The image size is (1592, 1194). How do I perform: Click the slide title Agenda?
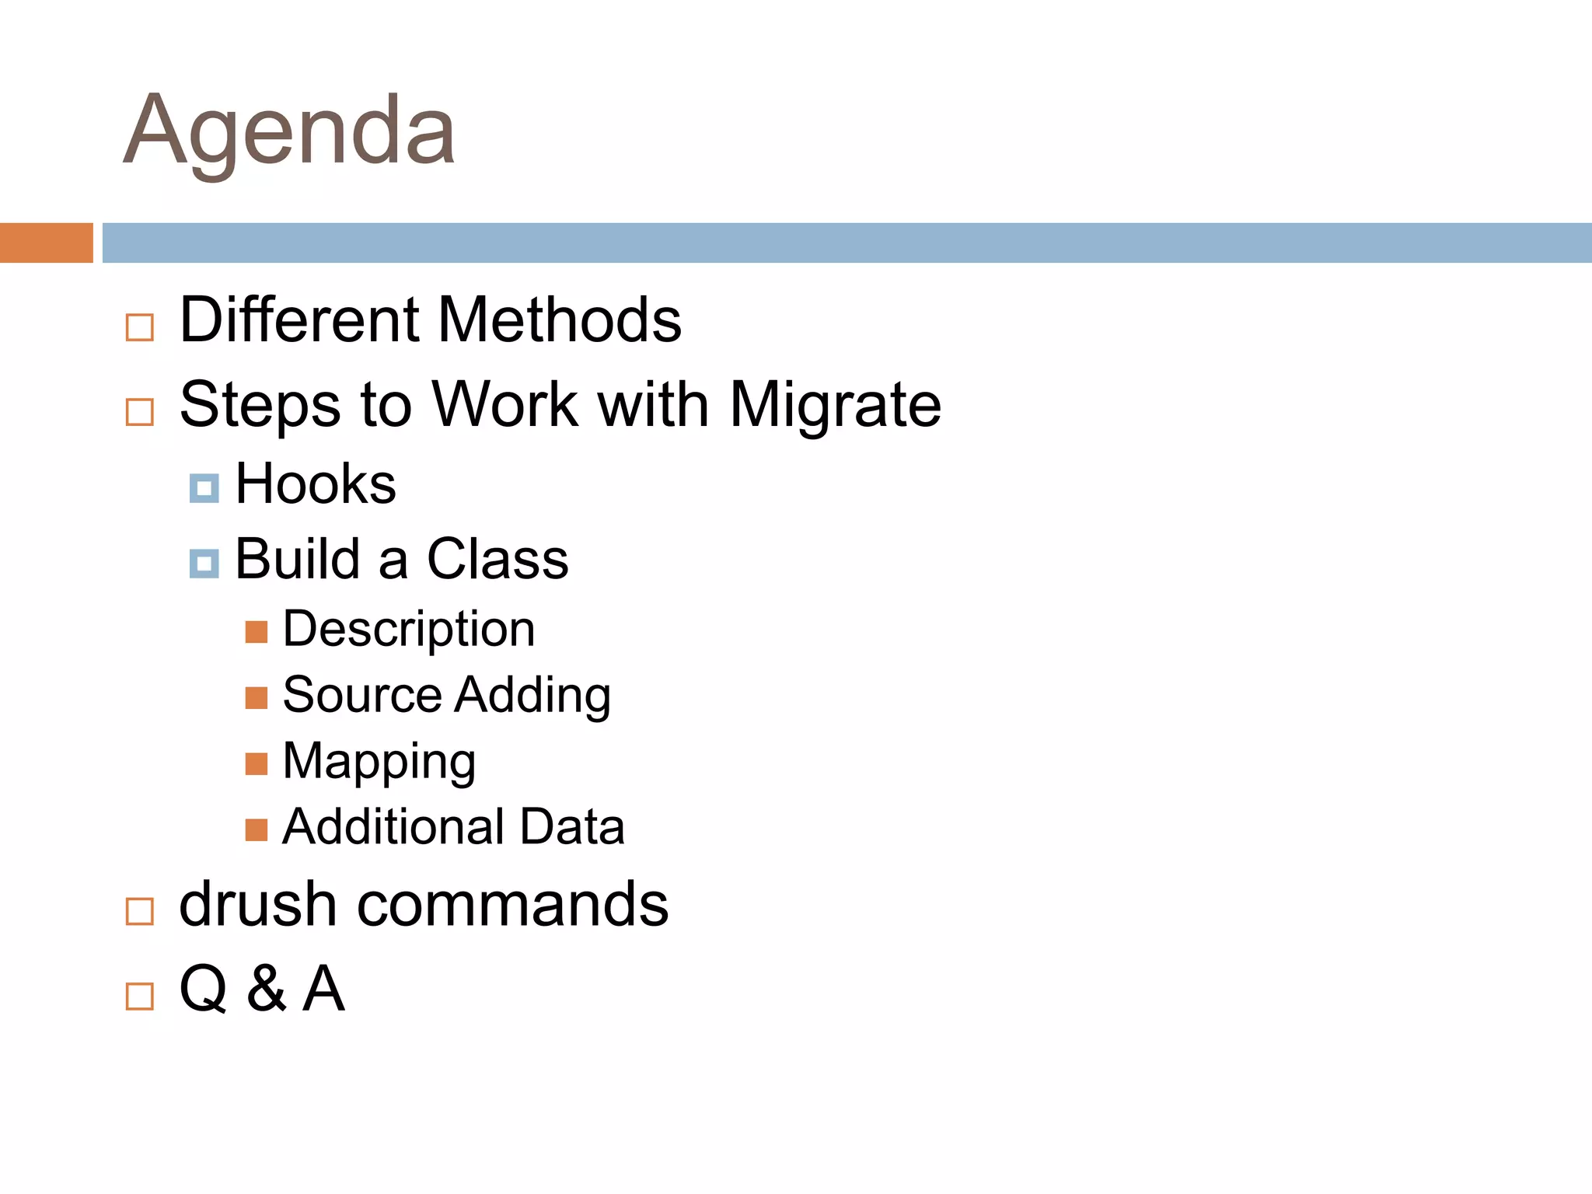[289, 131]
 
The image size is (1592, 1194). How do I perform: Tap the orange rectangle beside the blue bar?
[46, 243]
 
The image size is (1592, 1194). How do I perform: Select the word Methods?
[560, 319]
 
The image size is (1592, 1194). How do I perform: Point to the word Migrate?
[835, 406]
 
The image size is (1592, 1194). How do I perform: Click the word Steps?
[260, 406]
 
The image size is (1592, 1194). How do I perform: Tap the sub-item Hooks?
[316, 484]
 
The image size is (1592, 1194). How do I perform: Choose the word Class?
[497, 559]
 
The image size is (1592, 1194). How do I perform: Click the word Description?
[409, 629]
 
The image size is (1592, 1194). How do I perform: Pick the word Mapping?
[379, 762]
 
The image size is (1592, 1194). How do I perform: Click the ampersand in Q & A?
[267, 989]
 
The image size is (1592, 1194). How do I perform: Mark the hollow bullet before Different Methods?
[140, 327]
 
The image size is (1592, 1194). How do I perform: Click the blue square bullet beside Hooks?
[204, 488]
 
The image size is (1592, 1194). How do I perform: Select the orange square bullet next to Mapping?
[257, 764]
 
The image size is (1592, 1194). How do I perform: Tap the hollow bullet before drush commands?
[140, 911]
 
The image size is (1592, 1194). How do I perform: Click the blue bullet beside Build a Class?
[204, 564]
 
